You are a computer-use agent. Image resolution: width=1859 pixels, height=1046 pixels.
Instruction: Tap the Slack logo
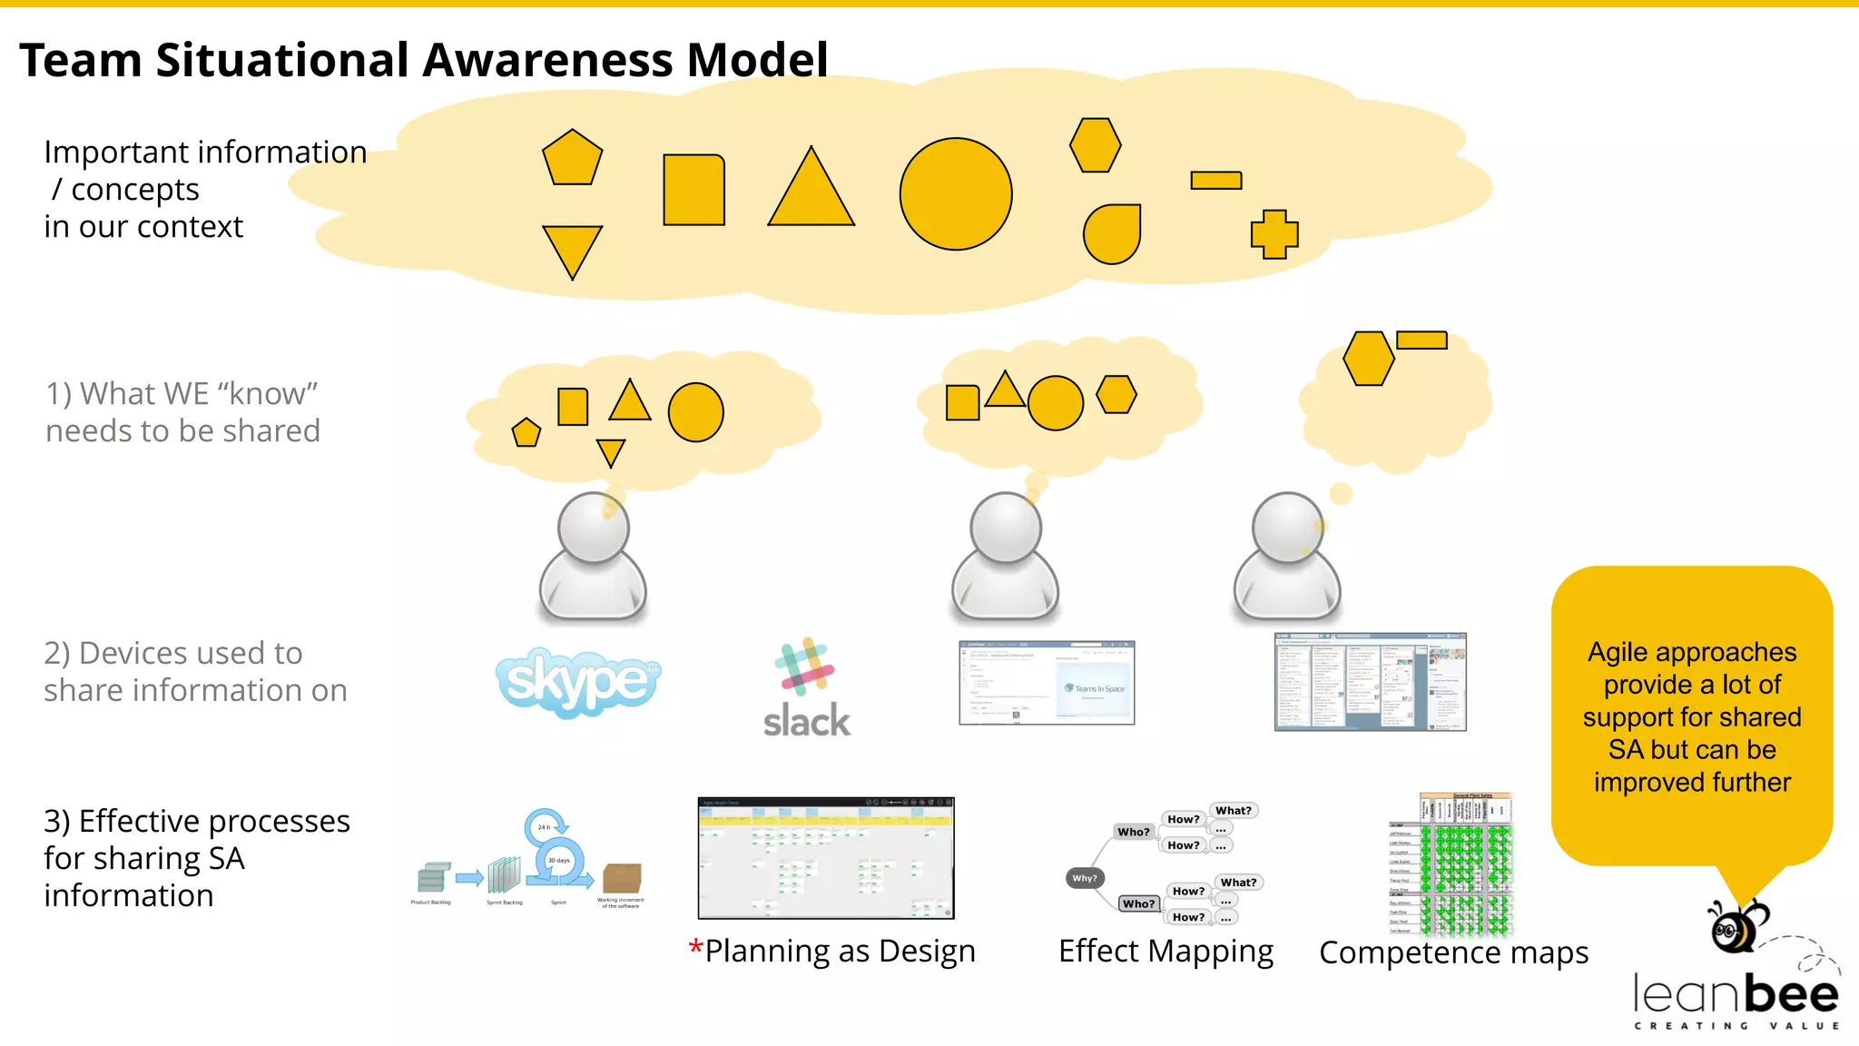point(806,690)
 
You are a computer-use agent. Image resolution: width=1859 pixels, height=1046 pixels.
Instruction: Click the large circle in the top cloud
point(955,194)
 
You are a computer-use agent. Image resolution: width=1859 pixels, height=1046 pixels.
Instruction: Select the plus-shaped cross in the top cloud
point(1274,234)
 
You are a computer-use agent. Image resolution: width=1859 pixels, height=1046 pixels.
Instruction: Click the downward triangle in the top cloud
point(572,248)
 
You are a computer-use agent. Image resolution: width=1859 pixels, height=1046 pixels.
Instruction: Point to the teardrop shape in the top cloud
point(1112,234)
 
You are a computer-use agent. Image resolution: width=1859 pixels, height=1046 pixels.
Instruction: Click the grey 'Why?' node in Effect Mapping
point(1084,878)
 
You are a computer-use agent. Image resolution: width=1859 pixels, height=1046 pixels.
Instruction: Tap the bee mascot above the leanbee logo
point(1736,926)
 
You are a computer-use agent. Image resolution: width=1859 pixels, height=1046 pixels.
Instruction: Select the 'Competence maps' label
point(1453,952)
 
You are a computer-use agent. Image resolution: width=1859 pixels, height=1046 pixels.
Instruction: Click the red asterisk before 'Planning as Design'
point(695,948)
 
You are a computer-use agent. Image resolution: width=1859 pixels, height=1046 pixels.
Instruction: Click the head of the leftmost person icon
point(593,528)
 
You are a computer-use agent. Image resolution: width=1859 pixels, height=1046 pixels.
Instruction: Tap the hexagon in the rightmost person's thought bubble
point(1368,359)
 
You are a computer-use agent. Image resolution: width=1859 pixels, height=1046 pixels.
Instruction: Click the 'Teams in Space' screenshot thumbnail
point(1047,683)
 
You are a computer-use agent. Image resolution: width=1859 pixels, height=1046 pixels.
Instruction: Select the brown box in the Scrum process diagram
point(622,878)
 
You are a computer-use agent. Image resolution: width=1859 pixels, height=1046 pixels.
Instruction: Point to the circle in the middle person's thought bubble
point(1055,403)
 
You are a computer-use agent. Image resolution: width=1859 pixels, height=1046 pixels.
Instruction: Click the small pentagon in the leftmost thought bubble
point(526,433)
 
